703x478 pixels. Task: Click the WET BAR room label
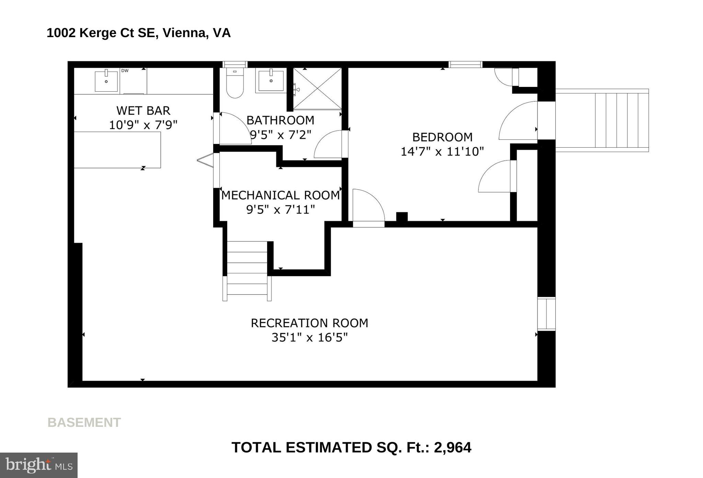pos(143,111)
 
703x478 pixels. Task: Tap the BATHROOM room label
pos(280,120)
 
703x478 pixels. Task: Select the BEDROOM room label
pos(442,137)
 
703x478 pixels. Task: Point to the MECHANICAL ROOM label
pos(280,195)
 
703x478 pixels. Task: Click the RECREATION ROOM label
pos(310,323)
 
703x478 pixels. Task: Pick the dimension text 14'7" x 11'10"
pos(442,151)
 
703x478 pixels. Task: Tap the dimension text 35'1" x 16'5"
pos(310,338)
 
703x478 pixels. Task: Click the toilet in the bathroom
pos(235,83)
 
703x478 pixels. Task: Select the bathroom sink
pos(271,81)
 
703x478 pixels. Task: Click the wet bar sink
pos(106,81)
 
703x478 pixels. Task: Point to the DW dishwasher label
pos(125,71)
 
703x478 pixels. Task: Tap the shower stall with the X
pos(318,89)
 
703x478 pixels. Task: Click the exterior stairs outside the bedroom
pos(602,120)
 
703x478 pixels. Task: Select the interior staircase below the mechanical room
pos(247,271)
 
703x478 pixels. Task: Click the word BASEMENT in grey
pos(84,422)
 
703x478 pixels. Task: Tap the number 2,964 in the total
pos(453,447)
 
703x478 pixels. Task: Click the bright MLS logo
pos(39,465)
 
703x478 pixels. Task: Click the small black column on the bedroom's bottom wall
pos(402,217)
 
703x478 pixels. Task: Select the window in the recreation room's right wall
pos(546,314)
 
